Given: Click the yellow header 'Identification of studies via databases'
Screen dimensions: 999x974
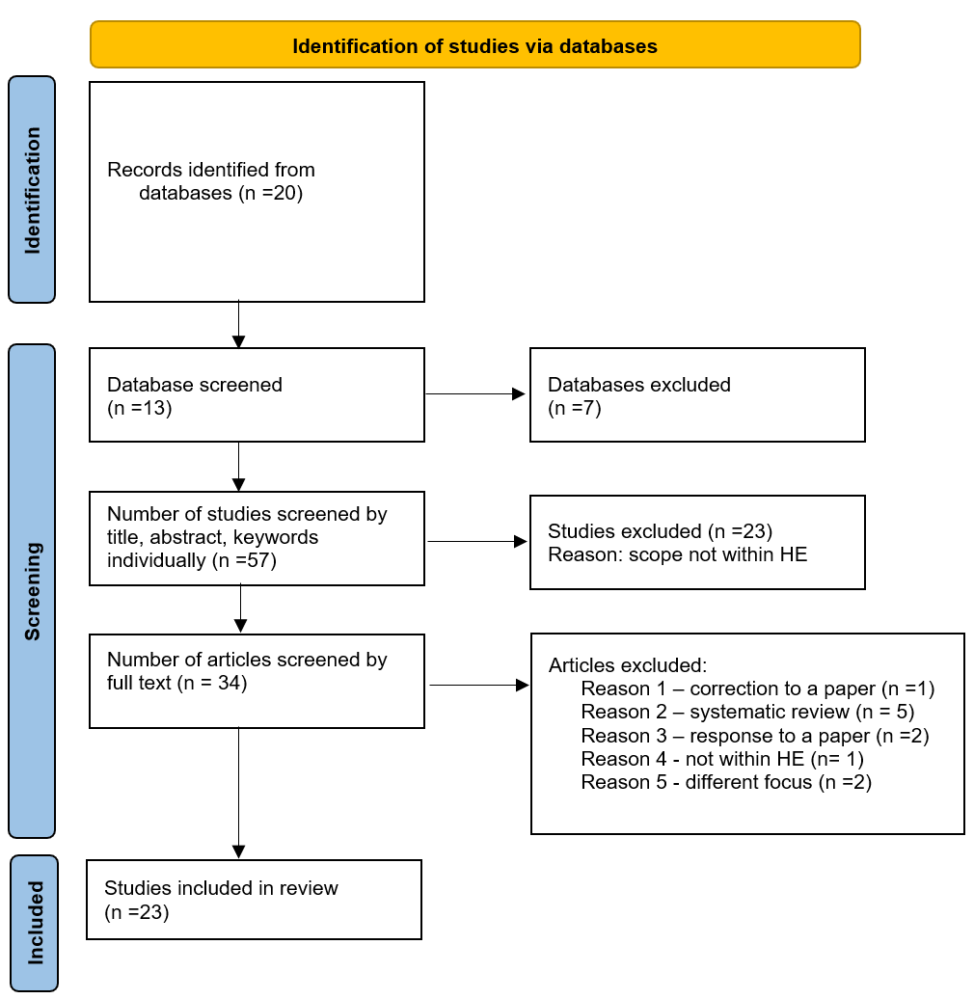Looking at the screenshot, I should pos(474,45).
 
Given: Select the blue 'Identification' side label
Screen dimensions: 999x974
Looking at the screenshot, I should pos(32,190).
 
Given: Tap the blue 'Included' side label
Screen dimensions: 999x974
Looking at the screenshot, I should pos(35,923).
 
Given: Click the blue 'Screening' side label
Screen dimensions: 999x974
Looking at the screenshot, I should pos(32,591).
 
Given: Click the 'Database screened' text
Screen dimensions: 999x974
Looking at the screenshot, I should pos(195,385).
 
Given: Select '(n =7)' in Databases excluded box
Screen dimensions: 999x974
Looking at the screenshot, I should pos(575,408).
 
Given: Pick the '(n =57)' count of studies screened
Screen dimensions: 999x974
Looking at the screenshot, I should pos(244,560).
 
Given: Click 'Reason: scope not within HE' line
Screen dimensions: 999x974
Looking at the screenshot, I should pos(677,554).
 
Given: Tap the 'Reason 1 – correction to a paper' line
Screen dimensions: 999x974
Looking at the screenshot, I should pos(757,688).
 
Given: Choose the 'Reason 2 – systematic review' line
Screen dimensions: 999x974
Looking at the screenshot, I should pos(746,712).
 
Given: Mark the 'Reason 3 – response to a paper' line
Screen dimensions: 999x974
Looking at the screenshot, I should pos(754,736).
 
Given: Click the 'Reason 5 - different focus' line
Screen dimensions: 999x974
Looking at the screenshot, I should pos(725,782).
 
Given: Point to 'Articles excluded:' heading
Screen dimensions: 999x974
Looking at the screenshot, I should pos(628,665).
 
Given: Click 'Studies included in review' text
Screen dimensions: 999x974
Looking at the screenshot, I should pos(221,888).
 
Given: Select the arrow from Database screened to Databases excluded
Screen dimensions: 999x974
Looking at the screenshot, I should pos(475,393).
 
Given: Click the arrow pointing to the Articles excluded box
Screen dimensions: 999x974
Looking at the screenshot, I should pos(478,686).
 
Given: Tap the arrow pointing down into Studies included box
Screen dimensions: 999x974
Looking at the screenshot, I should pos(238,791).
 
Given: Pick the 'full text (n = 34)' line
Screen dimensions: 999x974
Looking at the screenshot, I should pos(177,684).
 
